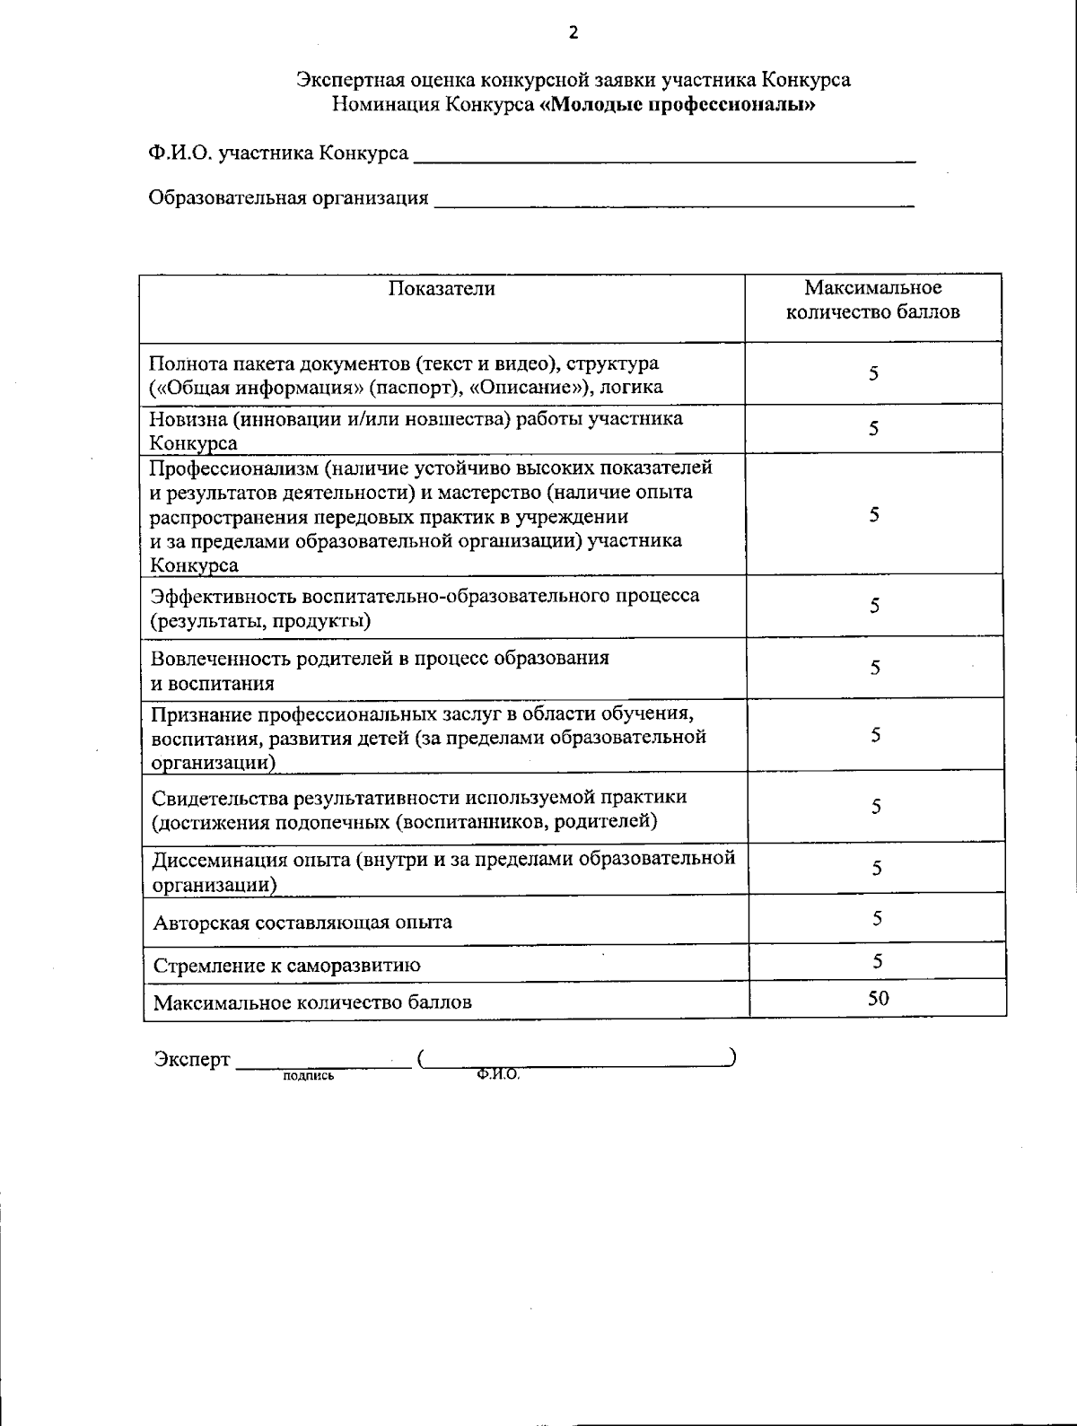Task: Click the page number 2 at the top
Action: click(574, 34)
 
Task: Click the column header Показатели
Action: click(442, 288)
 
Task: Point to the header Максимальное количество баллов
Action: click(872, 300)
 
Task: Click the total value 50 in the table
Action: click(878, 997)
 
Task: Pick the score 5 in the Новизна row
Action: click(873, 429)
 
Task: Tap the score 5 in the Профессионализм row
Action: click(873, 514)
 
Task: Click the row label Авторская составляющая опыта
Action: click(302, 922)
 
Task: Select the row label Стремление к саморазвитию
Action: click(287, 966)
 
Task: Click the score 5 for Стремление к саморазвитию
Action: click(878, 960)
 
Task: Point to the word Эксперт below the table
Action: click(192, 1059)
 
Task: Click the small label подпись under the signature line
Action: click(308, 1075)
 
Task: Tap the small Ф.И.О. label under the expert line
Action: click(499, 1074)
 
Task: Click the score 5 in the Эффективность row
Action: click(873, 606)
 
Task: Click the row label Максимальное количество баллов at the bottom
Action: click(312, 1002)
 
